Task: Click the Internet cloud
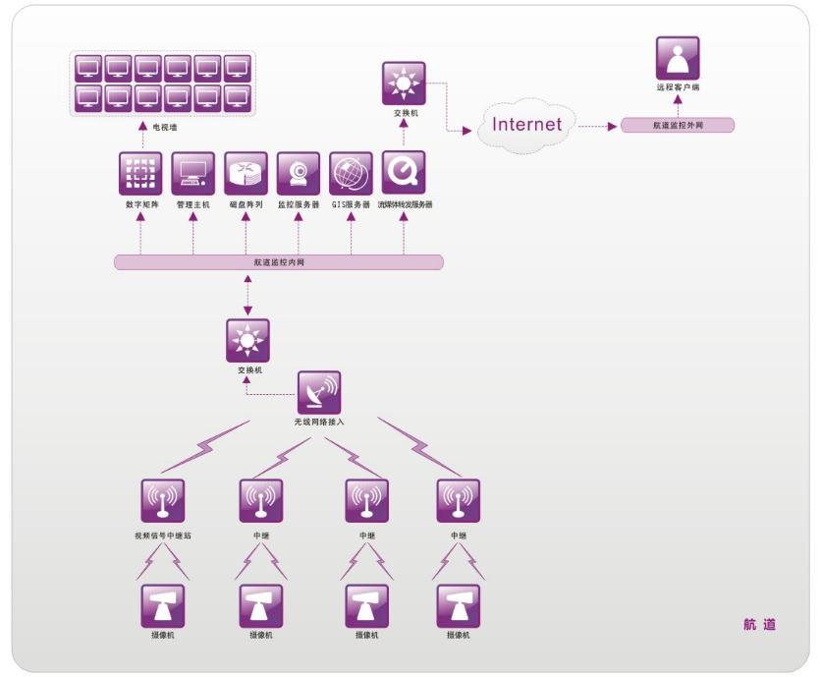coord(527,126)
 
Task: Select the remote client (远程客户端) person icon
coord(677,58)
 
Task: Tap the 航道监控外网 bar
coord(678,126)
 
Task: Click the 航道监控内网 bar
coord(279,262)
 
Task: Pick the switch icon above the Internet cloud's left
coord(403,84)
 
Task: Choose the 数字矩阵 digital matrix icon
coord(140,174)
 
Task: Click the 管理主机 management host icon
coord(192,174)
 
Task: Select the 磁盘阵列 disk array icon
coord(246,174)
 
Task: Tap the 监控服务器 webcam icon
coord(298,174)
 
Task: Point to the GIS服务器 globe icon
coord(351,174)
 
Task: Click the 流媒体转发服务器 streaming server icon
coord(404,174)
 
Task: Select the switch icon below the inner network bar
coord(246,340)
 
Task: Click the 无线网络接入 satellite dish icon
coord(319,392)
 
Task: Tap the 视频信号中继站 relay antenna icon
coord(163,501)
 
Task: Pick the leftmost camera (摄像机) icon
coord(163,606)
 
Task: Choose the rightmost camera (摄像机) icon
coord(458,606)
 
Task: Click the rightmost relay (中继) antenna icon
coord(458,501)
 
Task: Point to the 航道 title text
coord(759,625)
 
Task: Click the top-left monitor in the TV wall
coord(89,68)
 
